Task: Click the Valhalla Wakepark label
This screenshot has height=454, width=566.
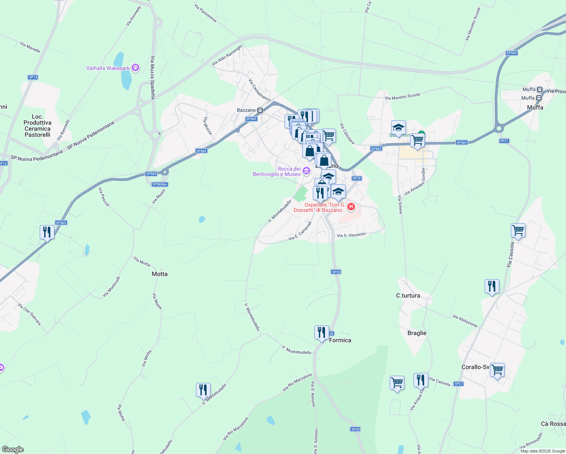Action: [108, 68]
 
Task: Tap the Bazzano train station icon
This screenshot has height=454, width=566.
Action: [260, 110]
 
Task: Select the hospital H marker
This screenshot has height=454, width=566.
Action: [351, 207]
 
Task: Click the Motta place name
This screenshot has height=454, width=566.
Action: [159, 274]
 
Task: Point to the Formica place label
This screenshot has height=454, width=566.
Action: [340, 340]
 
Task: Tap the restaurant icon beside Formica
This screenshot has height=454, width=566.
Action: [321, 333]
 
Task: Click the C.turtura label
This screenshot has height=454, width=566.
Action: [408, 295]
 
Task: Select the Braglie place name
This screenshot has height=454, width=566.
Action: [417, 333]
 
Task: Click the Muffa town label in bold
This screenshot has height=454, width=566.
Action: [535, 107]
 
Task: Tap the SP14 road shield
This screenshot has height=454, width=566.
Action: [33, 77]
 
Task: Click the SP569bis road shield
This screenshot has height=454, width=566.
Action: [160, 184]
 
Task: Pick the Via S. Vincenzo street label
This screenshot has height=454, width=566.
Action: [351, 235]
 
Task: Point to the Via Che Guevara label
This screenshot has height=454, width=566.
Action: [30, 314]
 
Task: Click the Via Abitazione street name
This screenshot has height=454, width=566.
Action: [465, 321]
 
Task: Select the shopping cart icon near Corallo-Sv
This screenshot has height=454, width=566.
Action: [497, 370]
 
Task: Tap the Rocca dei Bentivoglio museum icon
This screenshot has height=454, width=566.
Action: [306, 171]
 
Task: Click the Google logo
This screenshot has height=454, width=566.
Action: [13, 449]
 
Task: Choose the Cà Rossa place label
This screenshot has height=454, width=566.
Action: [553, 424]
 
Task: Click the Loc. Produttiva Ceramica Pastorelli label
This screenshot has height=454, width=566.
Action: [37, 126]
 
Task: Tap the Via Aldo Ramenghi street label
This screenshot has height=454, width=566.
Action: [227, 56]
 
